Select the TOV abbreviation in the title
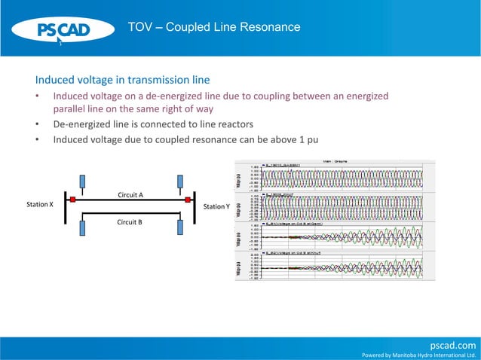coord(140,28)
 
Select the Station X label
coord(39,205)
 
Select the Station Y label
coord(216,206)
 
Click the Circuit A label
coord(130,194)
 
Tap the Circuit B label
coord(130,222)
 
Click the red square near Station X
coord(72,200)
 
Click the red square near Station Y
coord(187,200)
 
